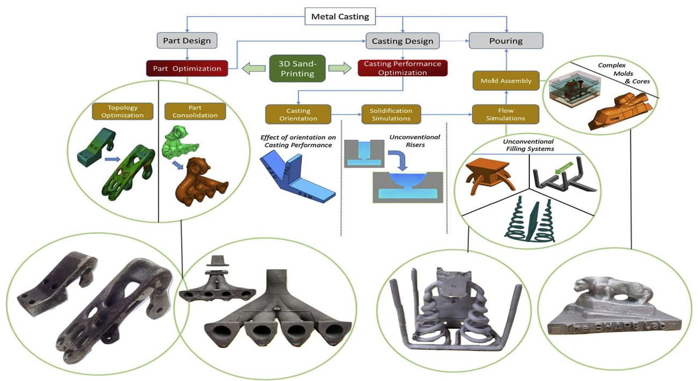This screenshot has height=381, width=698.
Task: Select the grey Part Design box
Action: pyautogui.click(x=186, y=40)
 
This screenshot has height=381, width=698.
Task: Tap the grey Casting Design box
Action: pyautogui.click(x=402, y=40)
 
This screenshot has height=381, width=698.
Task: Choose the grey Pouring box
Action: pyautogui.click(x=506, y=40)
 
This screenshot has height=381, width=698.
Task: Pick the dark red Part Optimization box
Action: pyautogui.click(x=187, y=68)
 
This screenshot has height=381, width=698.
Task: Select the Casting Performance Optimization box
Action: pyautogui.click(x=402, y=68)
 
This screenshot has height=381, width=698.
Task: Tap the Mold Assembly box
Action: pyautogui.click(x=505, y=81)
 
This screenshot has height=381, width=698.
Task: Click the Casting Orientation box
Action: pyautogui.click(x=298, y=114)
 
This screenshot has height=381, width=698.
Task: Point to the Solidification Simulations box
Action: pyautogui.click(x=391, y=114)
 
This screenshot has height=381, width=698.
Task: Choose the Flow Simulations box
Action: pyautogui.click(x=505, y=114)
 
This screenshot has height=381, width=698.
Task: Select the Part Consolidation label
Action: pyautogui.click(x=195, y=111)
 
